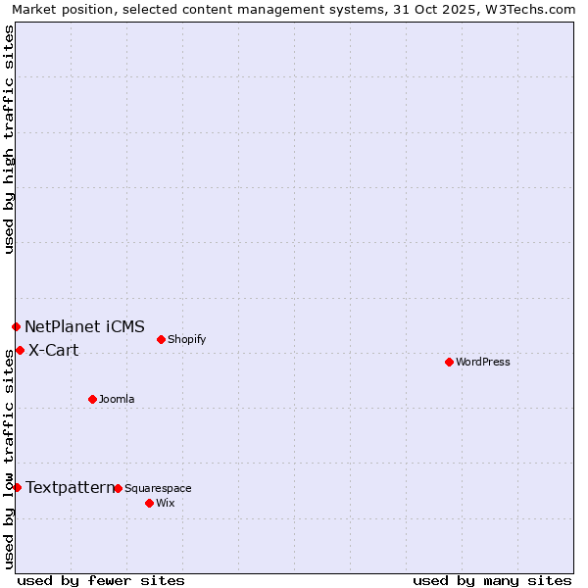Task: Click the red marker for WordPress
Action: pyautogui.click(x=449, y=362)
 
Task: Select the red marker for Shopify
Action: pyautogui.click(x=161, y=339)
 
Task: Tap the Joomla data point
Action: pyautogui.click(x=92, y=399)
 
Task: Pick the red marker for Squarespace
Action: pyautogui.click(x=118, y=488)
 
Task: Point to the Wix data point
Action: pyautogui.click(x=149, y=503)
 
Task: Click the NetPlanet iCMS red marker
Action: pyautogui.click(x=16, y=326)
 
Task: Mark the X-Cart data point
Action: pyautogui.click(x=20, y=350)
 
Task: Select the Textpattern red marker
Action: pyautogui.click(x=17, y=487)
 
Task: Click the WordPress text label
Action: pyautogui.click(x=483, y=362)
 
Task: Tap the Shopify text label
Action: pyautogui.click(x=186, y=339)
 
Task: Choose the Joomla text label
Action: pyautogui.click(x=117, y=399)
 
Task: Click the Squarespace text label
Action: pyautogui.click(x=158, y=488)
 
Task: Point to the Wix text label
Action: pyautogui.click(x=166, y=503)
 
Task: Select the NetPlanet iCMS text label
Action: pyautogui.click(x=84, y=326)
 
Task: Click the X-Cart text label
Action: pyautogui.click(x=53, y=350)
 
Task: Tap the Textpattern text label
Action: pyautogui.click(x=70, y=487)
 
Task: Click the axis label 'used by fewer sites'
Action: pyautogui.click(x=101, y=580)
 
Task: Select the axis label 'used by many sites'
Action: pyautogui.click(x=492, y=580)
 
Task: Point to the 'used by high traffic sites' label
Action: pyautogui.click(x=9, y=139)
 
